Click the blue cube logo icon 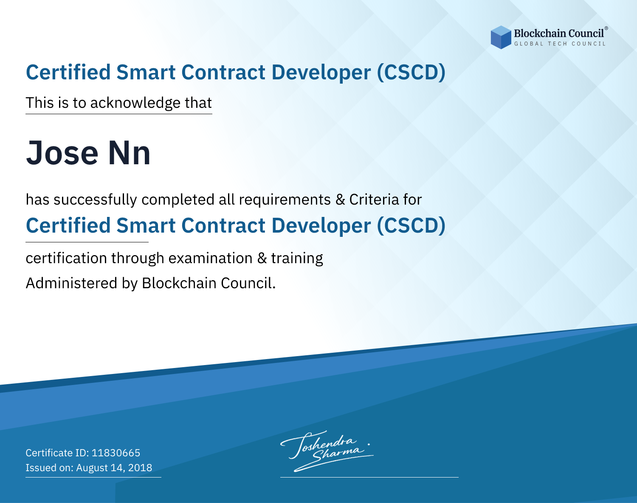point(501,37)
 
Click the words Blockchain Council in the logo point(559,34)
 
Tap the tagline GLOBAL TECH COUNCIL point(560,44)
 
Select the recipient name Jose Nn point(88,153)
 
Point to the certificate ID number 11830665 point(116,452)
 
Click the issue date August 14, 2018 point(114,467)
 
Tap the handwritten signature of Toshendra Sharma point(327,451)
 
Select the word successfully point(95,200)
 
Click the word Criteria point(374,200)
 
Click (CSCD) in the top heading point(411,72)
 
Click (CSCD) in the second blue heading point(411,225)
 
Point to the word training point(297,259)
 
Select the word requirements point(285,200)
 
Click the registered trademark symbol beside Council point(606,28)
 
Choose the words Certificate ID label point(57,452)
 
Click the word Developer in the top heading point(321,73)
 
